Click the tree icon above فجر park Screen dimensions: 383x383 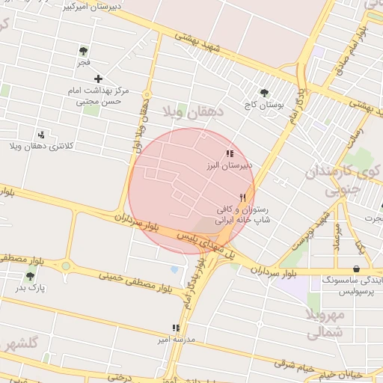pyautogui.click(x=83, y=51)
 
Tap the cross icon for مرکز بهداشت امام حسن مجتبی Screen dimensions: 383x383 pyautogui.click(x=98, y=79)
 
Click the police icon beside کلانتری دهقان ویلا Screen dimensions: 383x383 pyautogui.click(x=41, y=135)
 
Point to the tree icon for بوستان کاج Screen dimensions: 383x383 pyautogui.click(x=264, y=93)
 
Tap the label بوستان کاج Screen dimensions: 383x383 pyautogui.click(x=264, y=105)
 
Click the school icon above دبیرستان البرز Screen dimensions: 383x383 pyautogui.click(x=229, y=153)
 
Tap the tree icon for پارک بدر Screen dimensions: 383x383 pyautogui.click(x=31, y=276)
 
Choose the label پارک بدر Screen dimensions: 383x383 pyautogui.click(x=31, y=287)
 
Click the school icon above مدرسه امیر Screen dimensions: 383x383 pyautogui.click(x=176, y=328)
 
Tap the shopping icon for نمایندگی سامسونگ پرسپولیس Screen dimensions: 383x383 pyautogui.click(x=356, y=269)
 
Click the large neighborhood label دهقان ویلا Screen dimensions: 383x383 pyautogui.click(x=193, y=113)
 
